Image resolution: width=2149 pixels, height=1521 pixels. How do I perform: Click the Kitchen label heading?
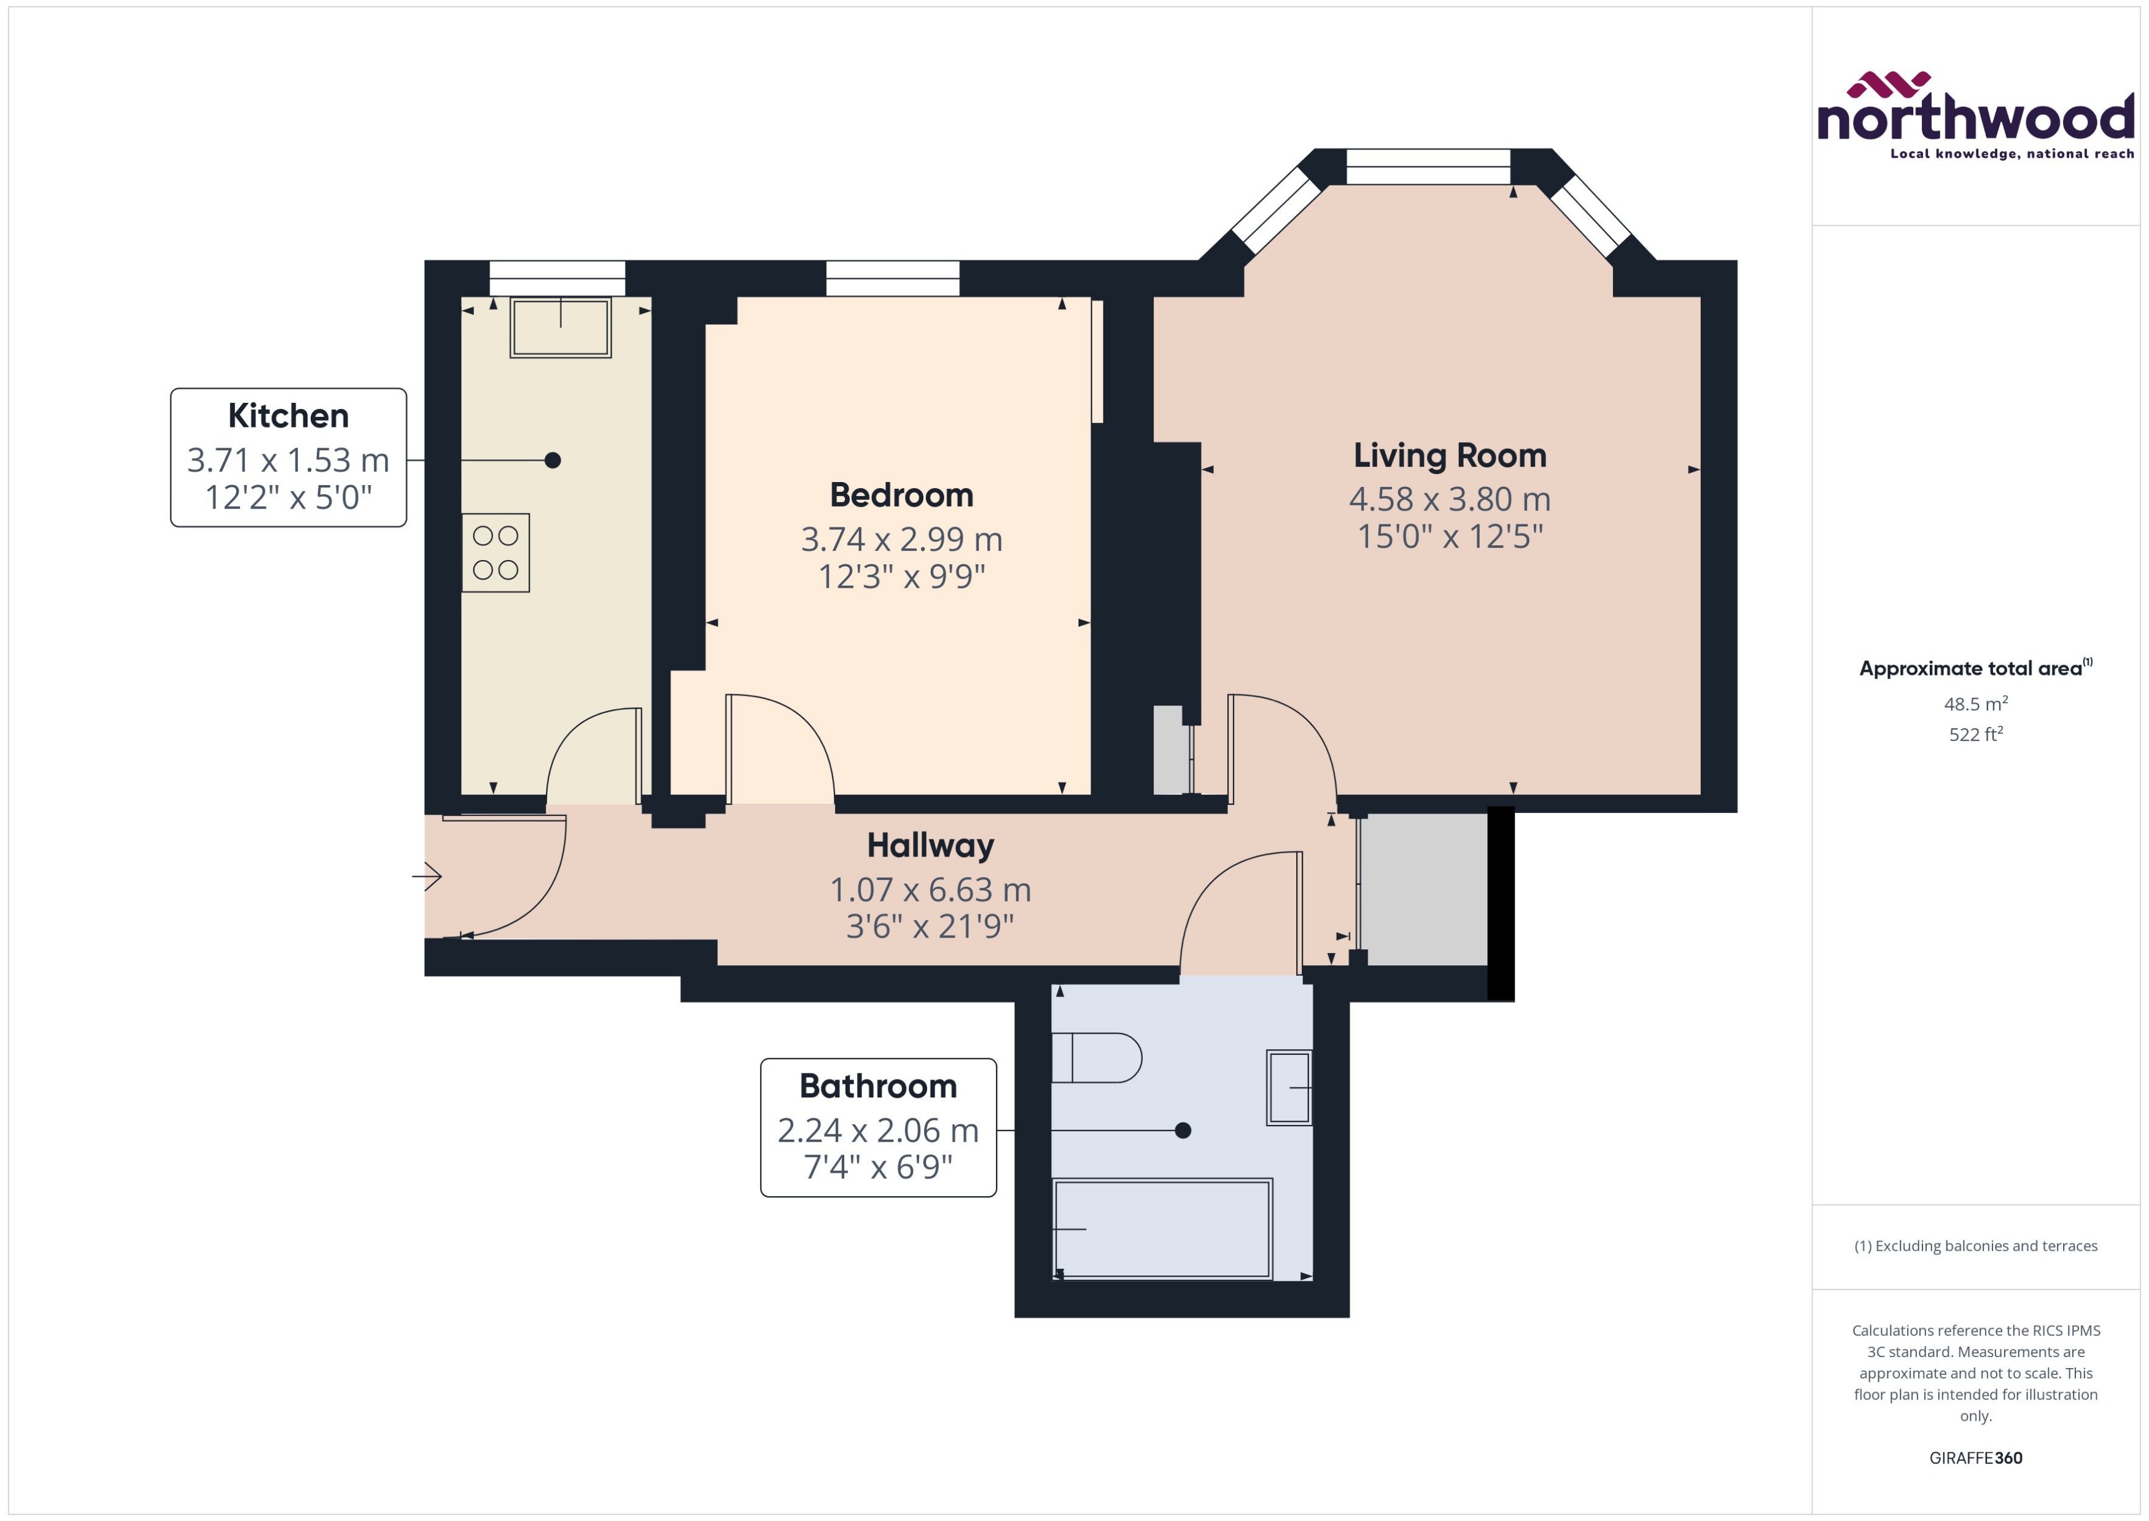(289, 415)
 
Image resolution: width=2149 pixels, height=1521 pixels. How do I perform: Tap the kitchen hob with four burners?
(495, 553)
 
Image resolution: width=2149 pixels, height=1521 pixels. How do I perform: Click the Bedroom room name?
(901, 494)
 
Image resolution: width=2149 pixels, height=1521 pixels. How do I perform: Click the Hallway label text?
(930, 845)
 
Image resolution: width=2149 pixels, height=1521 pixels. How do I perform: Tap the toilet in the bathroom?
(1095, 1057)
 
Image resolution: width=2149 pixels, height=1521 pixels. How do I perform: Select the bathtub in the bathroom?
(1162, 1228)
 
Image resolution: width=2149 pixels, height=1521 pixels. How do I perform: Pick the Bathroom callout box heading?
(877, 1086)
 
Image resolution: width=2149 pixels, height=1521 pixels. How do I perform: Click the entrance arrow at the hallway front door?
(427, 877)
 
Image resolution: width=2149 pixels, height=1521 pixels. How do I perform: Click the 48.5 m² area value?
(1975, 703)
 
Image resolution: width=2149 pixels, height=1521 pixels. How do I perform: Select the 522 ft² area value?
(1975, 734)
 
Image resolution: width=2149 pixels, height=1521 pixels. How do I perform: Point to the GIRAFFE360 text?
(1975, 1457)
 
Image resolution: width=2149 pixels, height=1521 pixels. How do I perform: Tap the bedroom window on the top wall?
(892, 278)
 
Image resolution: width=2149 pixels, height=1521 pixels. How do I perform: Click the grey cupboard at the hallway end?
(1423, 888)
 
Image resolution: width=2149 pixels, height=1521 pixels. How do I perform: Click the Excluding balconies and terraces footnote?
(1975, 1246)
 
